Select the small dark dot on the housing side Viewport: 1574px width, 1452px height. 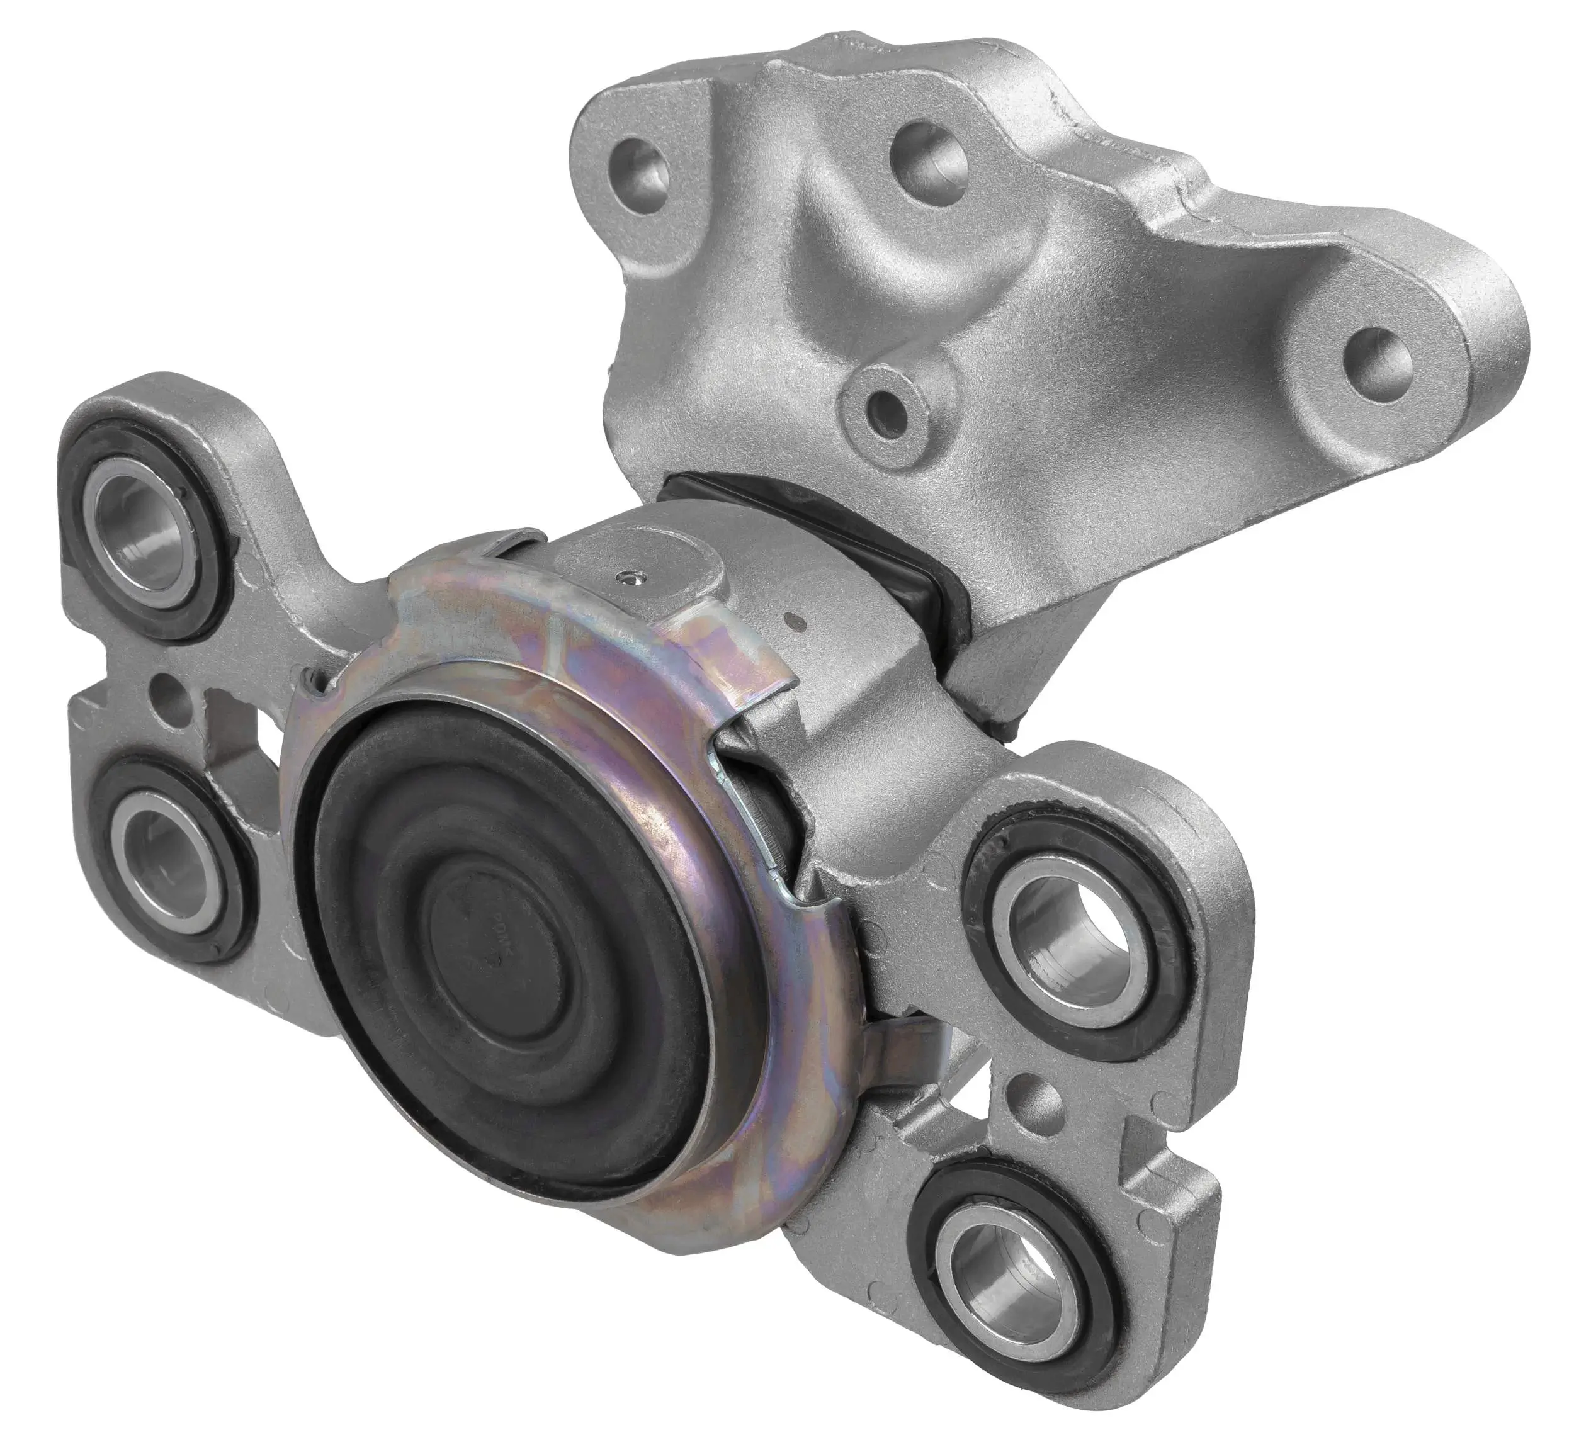pos(798,623)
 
